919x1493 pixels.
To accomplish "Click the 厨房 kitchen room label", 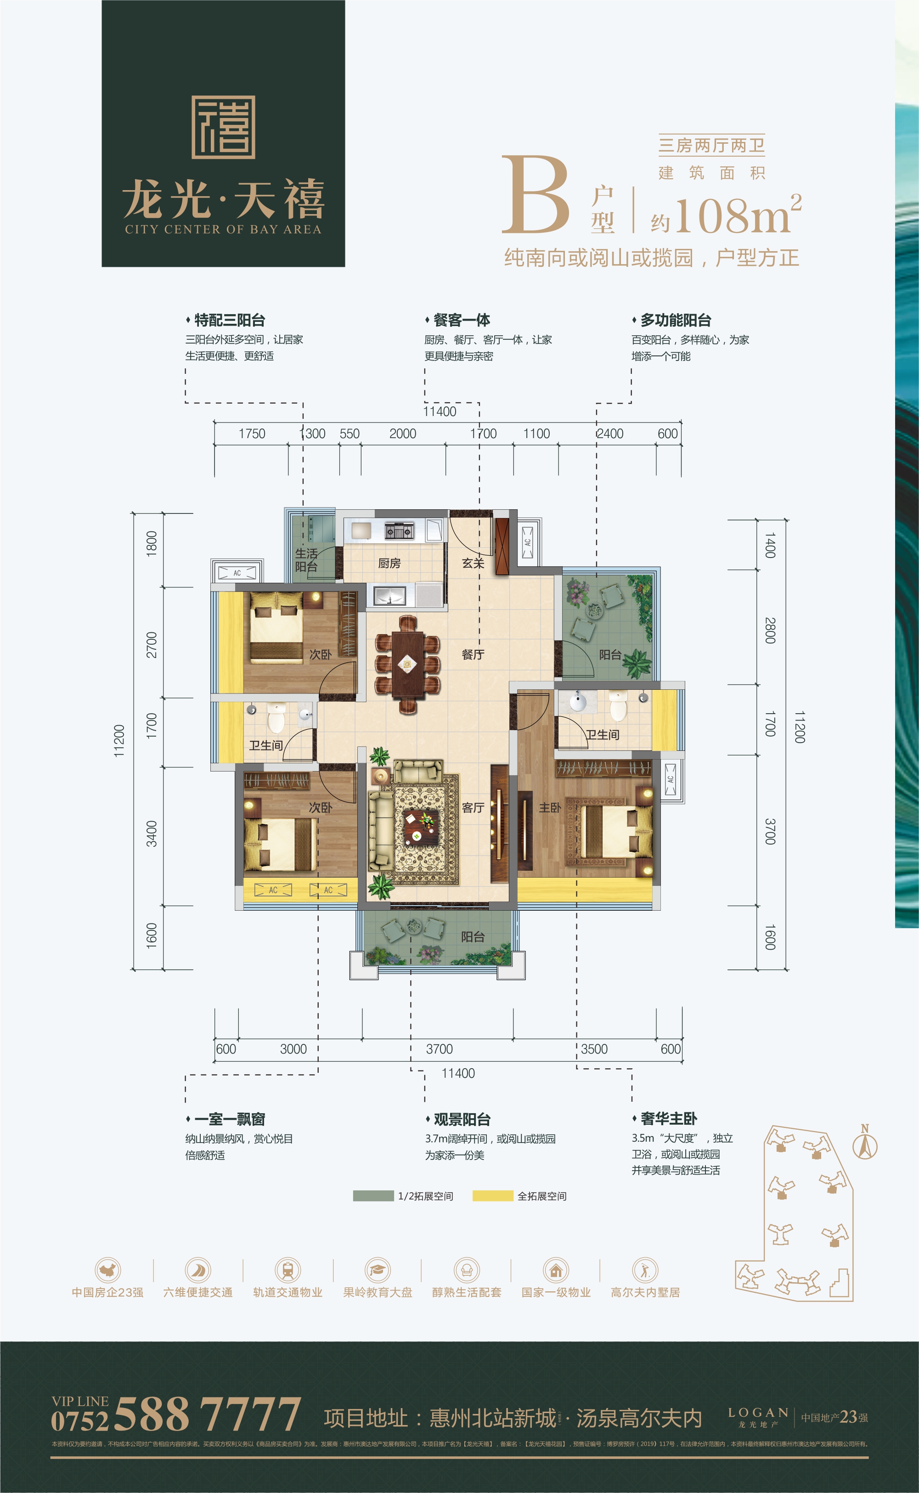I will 389,563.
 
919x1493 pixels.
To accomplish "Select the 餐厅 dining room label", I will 473,654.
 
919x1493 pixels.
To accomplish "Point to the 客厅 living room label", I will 473,807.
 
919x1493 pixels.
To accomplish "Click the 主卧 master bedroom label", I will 549,807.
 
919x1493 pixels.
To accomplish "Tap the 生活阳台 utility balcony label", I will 306,560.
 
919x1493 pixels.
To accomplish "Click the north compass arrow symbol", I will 865,1145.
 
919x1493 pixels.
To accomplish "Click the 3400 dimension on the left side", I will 152,834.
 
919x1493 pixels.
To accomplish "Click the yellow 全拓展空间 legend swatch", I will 492,1196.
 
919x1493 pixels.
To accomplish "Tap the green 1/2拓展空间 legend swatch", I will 373,1196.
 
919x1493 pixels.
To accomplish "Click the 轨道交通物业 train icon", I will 288,1269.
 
